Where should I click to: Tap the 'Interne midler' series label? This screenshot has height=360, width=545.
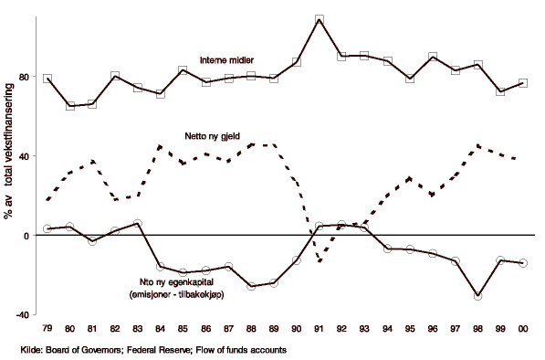coord(228,60)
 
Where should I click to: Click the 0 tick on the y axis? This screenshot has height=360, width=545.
coord(25,236)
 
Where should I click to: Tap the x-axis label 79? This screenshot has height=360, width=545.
coord(47,328)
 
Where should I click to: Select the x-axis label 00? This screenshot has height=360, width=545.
coord(523,328)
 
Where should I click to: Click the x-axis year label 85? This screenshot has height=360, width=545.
coord(183,328)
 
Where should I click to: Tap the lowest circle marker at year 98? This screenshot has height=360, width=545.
coord(478,296)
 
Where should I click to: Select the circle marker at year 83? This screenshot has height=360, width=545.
coord(138,223)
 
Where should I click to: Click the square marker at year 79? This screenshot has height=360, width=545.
coord(47,79)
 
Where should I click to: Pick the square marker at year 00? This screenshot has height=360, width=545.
coord(523,83)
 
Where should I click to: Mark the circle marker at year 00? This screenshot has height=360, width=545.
coord(523,263)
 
